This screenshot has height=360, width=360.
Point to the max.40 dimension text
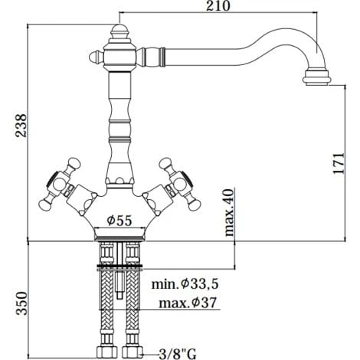click(227, 212)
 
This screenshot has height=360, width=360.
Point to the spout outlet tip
click(317, 77)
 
